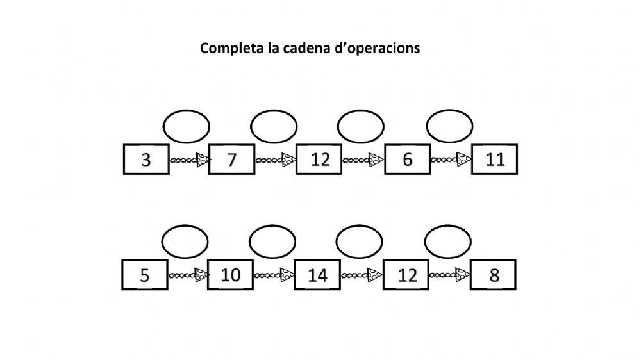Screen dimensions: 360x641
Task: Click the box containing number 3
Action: (146, 160)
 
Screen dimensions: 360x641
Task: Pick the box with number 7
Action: (232, 160)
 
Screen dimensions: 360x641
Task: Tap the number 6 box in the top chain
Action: (407, 160)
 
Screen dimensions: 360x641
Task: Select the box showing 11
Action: (494, 160)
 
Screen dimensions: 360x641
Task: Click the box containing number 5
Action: (145, 275)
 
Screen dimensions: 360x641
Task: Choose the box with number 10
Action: (230, 275)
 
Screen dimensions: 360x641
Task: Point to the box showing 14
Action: (317, 275)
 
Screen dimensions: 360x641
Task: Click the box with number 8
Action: (493, 275)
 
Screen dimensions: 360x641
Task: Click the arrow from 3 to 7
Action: (190, 160)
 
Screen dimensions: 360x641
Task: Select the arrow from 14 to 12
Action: (362, 275)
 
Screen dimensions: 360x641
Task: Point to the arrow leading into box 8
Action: (450, 275)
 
